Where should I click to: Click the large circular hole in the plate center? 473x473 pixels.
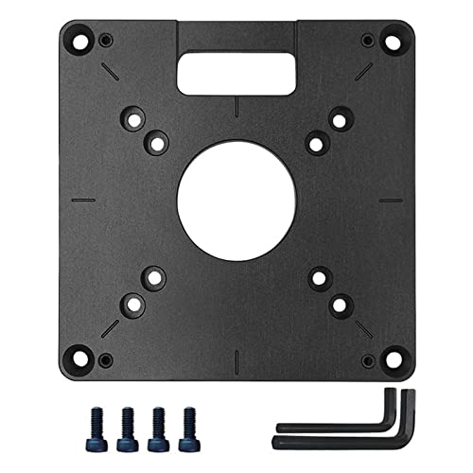[x=236, y=201]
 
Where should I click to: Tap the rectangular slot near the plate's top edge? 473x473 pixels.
[x=236, y=71]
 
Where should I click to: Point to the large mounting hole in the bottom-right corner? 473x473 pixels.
[x=389, y=359]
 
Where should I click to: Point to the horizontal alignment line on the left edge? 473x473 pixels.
[x=84, y=201]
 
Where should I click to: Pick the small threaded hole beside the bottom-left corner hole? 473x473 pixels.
[x=105, y=359]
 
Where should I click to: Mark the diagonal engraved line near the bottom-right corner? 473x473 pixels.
[x=363, y=328]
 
